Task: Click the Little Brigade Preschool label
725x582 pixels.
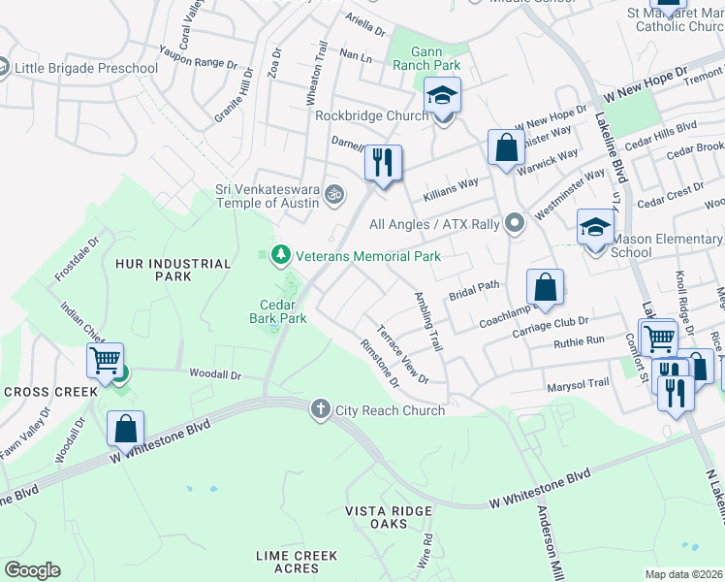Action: click(85, 68)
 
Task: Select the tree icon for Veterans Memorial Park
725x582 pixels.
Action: click(281, 255)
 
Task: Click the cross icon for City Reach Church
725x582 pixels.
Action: click(321, 409)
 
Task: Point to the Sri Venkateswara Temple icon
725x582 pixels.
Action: click(334, 195)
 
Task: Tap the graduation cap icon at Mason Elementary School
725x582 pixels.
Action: click(595, 229)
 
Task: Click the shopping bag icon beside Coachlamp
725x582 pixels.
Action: click(546, 287)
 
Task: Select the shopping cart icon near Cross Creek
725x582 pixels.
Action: click(105, 360)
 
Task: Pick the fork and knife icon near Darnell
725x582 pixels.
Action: click(383, 161)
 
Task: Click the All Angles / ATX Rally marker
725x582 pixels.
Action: click(514, 224)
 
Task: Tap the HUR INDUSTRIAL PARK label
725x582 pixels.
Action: click(173, 270)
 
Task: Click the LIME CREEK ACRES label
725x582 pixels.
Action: click(297, 562)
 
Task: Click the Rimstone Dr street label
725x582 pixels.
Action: click(378, 362)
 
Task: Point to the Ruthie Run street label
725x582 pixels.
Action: click(579, 340)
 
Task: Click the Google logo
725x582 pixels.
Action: click(32, 570)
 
